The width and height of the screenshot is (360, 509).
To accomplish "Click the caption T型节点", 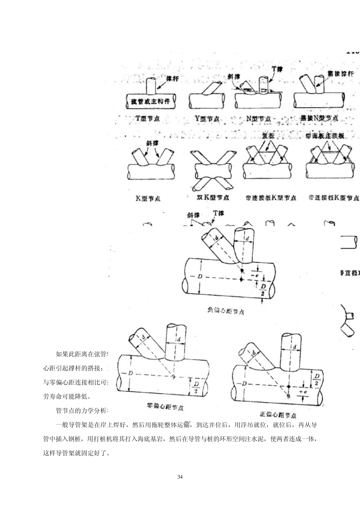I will (147, 119).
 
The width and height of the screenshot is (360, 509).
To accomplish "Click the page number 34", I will (180, 476).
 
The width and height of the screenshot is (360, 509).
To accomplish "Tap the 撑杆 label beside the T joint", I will (172, 78).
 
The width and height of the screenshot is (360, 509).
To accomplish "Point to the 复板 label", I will (268, 135).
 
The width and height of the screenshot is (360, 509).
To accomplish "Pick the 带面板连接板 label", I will (325, 136).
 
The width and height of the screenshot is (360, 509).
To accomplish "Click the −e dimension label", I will (256, 271).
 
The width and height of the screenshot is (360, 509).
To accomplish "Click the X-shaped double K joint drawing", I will (211, 169).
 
